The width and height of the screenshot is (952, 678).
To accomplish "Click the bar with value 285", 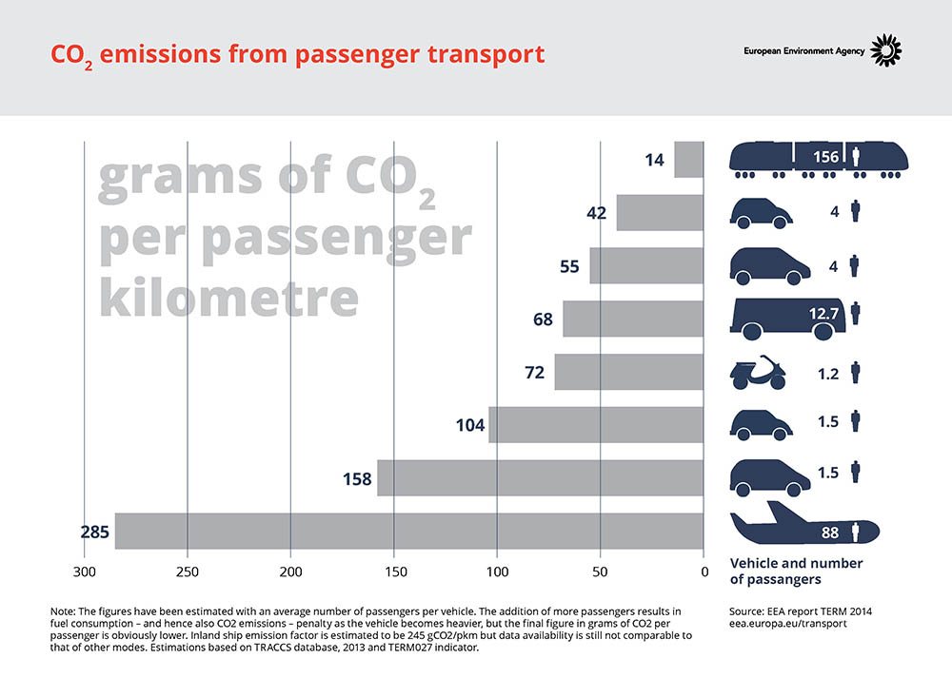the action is pyautogui.click(x=409, y=531).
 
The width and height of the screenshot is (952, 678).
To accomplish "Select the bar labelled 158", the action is pyautogui.click(x=541, y=478).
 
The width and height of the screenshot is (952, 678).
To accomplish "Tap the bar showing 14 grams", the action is pyautogui.click(x=689, y=160).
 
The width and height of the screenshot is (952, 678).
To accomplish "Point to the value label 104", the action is pyautogui.click(x=470, y=425).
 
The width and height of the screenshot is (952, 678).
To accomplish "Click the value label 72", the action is pyautogui.click(x=535, y=373).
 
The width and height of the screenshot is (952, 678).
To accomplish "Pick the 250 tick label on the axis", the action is pyautogui.click(x=187, y=571).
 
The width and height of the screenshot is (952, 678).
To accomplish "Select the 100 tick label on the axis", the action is pyautogui.click(x=497, y=571).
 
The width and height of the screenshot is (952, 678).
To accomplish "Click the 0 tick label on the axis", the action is pyautogui.click(x=704, y=571).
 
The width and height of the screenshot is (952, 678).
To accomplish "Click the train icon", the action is pyautogui.click(x=819, y=160).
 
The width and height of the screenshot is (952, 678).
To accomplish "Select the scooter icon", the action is pyautogui.click(x=758, y=373).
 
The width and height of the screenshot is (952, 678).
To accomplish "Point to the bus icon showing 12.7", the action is pyautogui.click(x=787, y=319).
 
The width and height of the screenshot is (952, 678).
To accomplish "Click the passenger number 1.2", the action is pyautogui.click(x=828, y=374).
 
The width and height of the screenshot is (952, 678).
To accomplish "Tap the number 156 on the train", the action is pyautogui.click(x=825, y=157).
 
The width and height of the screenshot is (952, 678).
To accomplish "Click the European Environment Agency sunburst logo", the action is pyautogui.click(x=885, y=49).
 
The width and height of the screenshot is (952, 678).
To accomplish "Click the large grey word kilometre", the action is pyautogui.click(x=228, y=297).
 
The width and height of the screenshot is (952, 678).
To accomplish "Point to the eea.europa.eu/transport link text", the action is pyautogui.click(x=788, y=624).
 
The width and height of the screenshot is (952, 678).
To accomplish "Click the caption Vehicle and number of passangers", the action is pyautogui.click(x=796, y=571).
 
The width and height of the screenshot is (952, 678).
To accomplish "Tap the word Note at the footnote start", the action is pyautogui.click(x=63, y=611).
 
